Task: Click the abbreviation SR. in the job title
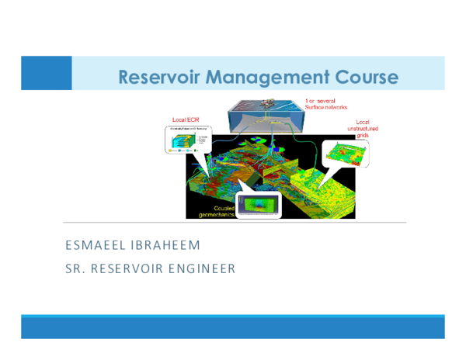[x=77, y=270]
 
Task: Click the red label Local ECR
[x=185, y=121]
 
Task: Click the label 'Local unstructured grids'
[x=362, y=128]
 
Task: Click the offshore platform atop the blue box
[x=270, y=104]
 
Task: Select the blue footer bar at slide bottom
[x=233, y=327]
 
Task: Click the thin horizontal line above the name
[x=233, y=223]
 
